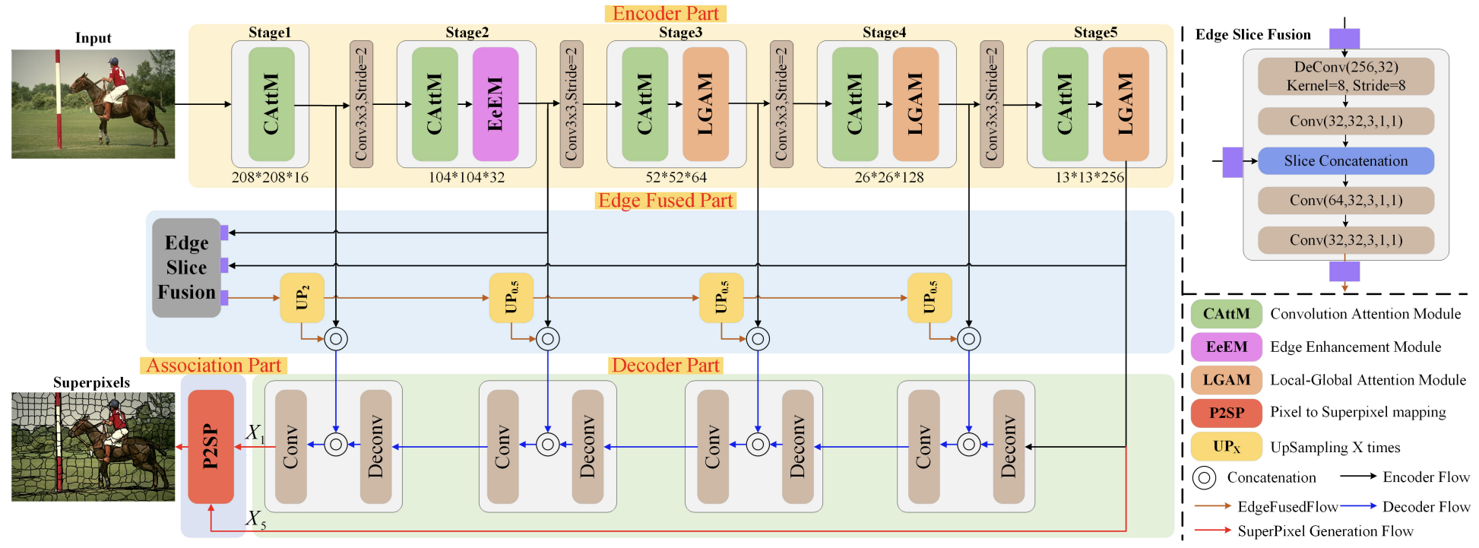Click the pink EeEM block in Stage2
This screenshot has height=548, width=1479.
click(x=495, y=104)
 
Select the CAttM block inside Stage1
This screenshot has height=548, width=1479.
click(x=271, y=104)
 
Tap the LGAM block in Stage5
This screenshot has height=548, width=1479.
click(x=1125, y=104)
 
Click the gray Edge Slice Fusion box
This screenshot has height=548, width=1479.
click(x=186, y=268)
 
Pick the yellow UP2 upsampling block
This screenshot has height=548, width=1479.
click(x=302, y=298)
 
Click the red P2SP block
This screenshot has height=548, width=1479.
click(x=211, y=447)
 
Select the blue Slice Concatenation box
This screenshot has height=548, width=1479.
click(x=1345, y=161)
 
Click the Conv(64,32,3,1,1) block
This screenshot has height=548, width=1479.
click(x=1345, y=201)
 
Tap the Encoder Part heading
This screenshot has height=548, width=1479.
click(x=665, y=14)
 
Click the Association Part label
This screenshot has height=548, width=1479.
click(x=214, y=366)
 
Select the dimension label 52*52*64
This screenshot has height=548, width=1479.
click(x=676, y=177)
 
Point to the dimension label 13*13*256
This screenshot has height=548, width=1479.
click(x=1089, y=177)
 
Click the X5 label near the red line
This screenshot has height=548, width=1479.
click(x=255, y=520)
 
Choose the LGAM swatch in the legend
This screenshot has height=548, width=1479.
click(x=1226, y=380)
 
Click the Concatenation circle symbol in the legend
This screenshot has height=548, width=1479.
click(x=1205, y=477)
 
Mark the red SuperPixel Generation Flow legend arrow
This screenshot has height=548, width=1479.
click(x=1211, y=531)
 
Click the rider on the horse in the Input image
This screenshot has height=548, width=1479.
click(x=116, y=81)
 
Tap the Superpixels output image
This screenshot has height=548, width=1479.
click(x=93, y=447)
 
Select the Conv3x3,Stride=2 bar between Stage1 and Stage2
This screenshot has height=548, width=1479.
click(x=361, y=104)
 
